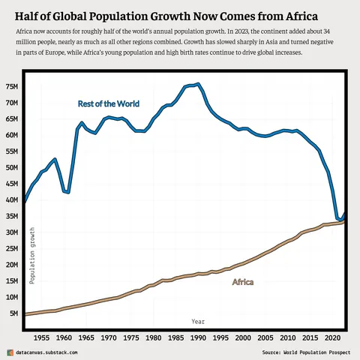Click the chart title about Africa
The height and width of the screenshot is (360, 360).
click(166, 16)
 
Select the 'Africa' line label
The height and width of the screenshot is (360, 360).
click(242, 282)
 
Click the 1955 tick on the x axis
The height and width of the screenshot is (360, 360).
click(41, 338)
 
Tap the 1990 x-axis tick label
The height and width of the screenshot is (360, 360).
click(198, 338)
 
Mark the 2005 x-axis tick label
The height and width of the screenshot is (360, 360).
click(265, 338)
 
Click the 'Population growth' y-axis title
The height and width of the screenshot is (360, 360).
click(32, 254)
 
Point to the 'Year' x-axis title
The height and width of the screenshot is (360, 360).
click(198, 321)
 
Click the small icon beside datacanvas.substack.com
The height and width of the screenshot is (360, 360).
click(10, 352)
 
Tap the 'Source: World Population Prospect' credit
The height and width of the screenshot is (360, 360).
click(306, 352)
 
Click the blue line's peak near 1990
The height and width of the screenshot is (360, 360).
click(197, 84)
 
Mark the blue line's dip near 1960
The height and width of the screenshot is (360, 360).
click(68, 193)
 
